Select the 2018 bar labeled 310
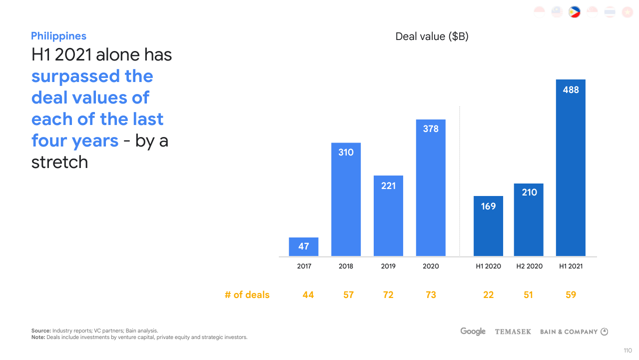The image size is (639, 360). (346, 200)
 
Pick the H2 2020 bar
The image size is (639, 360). (529, 220)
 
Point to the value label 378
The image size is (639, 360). (431, 129)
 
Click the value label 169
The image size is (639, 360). (488, 206)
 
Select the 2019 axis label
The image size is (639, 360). (388, 266)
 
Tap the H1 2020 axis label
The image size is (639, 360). (488, 266)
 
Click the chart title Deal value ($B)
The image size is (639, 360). (432, 36)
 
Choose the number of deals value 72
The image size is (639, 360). (388, 295)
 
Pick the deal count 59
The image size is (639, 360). (571, 295)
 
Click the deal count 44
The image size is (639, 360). (308, 295)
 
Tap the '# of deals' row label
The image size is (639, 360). (247, 295)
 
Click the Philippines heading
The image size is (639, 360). (58, 36)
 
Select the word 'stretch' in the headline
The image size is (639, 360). (59, 162)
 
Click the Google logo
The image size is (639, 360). (473, 331)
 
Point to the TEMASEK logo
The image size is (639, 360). (513, 331)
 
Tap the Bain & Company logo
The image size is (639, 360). (574, 331)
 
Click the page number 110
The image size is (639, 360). (628, 350)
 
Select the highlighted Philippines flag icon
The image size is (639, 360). (574, 12)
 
